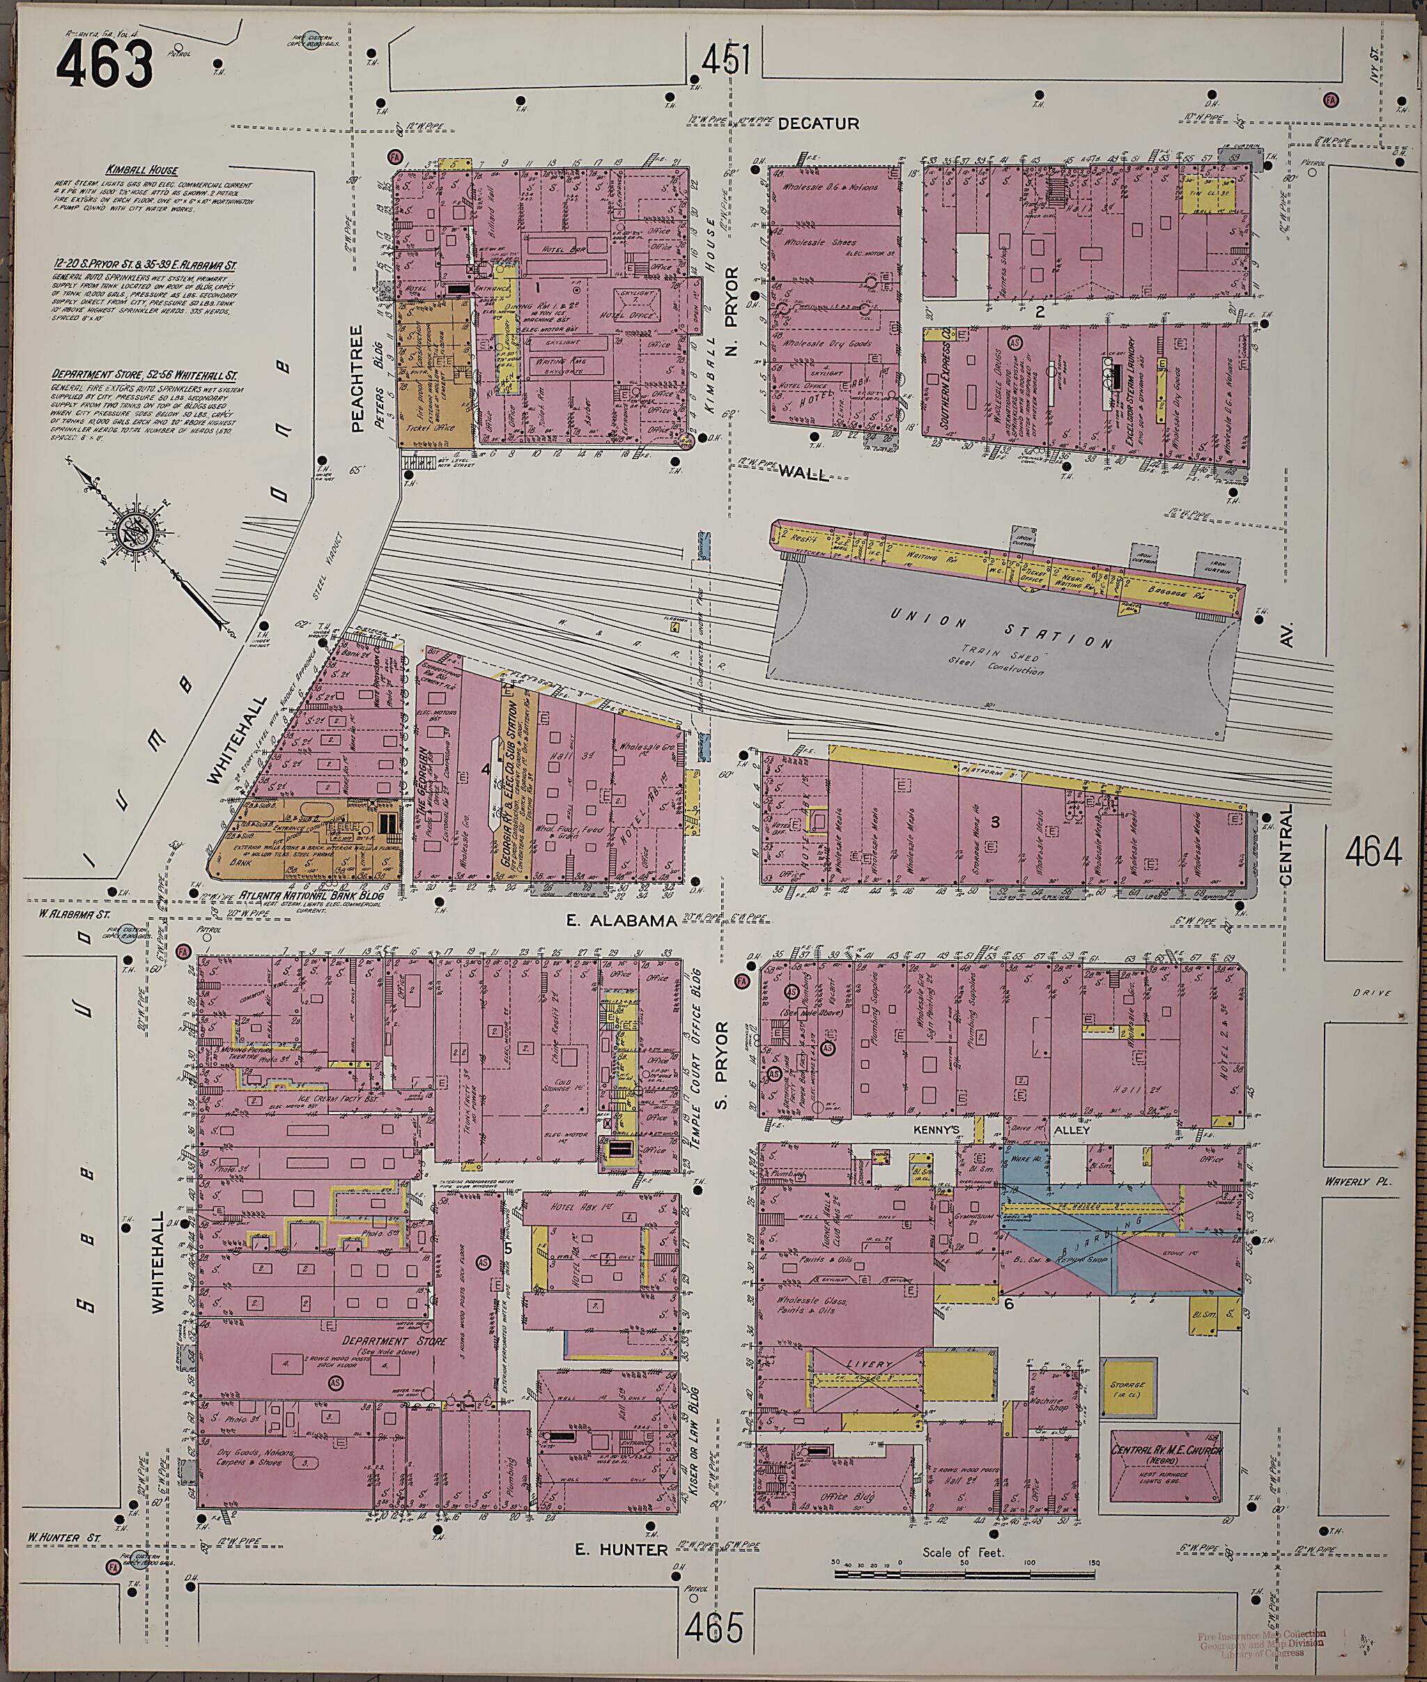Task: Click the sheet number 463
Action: click(105, 64)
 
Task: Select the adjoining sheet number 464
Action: click(1372, 851)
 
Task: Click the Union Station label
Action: click(1001, 631)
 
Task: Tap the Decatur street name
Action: click(818, 124)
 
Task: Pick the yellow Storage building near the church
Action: click(1127, 1389)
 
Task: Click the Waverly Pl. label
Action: click(1356, 1181)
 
